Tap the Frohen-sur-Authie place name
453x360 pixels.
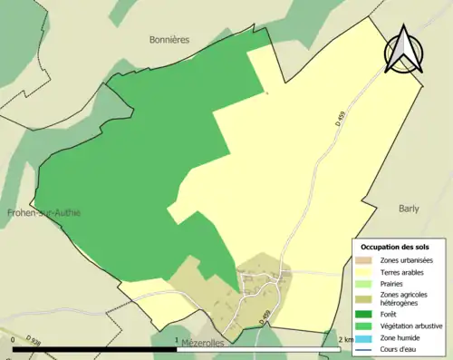coord(43,212)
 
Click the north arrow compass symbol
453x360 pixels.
coord(404,51)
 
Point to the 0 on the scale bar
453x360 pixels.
coord(14,340)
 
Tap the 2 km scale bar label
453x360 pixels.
coord(342,340)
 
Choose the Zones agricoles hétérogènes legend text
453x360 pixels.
coord(404,298)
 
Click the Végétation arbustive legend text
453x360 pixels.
coord(410,326)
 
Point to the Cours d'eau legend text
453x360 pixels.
coord(400,347)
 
